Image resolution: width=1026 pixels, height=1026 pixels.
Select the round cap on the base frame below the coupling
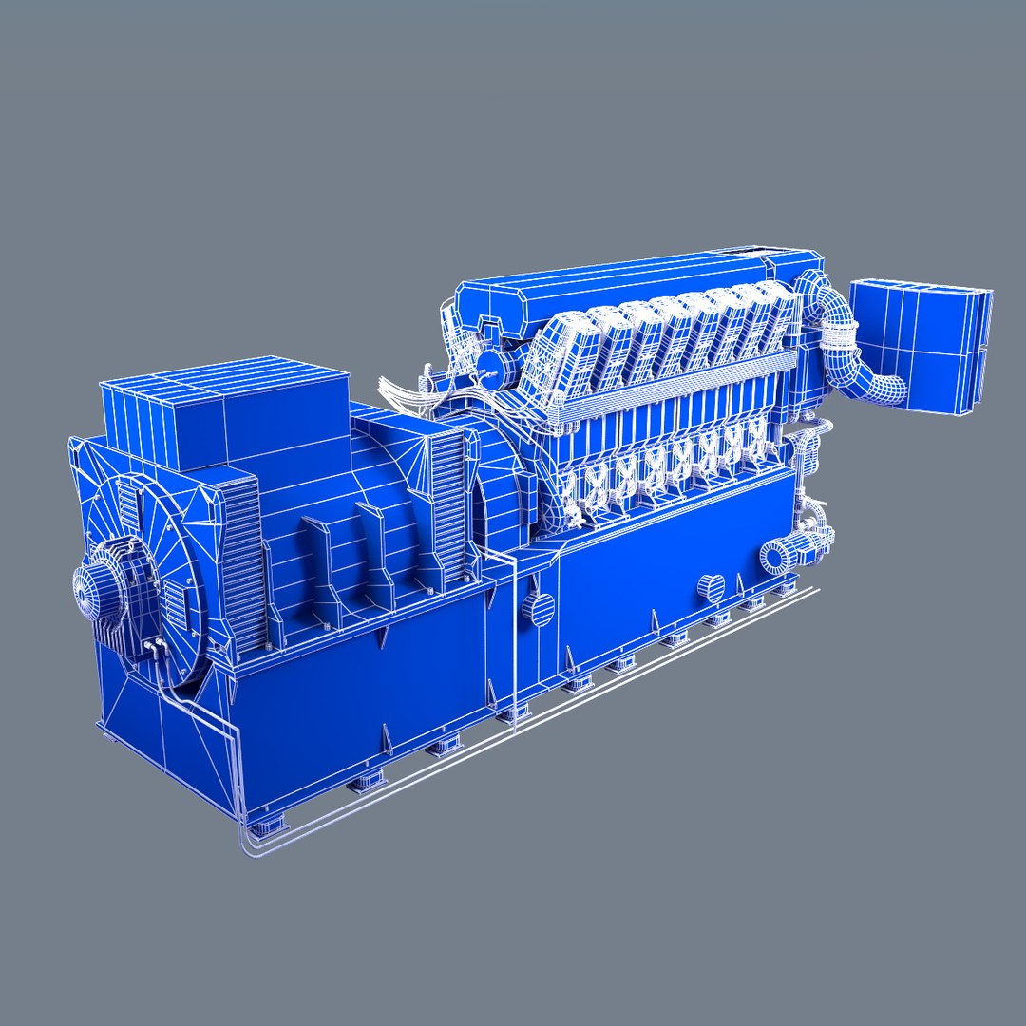[x=540, y=609]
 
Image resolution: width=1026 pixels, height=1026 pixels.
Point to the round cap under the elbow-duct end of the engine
[x=710, y=587]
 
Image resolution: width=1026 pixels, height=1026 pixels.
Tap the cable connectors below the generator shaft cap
[x=153, y=650]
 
